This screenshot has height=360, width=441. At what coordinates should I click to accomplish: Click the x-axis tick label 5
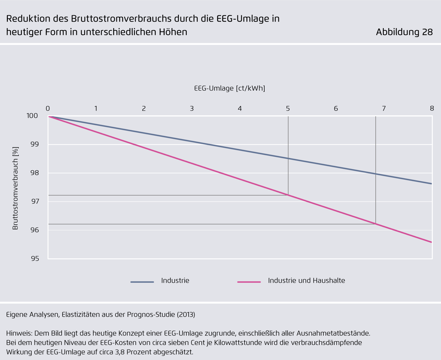288,109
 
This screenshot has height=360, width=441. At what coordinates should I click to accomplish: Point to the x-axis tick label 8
432,109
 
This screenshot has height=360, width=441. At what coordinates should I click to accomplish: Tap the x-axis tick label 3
192,109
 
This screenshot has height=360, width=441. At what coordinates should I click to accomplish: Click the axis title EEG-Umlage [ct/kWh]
230,88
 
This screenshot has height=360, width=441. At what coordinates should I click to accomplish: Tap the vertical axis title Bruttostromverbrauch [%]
15,188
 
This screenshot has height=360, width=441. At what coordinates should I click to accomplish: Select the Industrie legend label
175,281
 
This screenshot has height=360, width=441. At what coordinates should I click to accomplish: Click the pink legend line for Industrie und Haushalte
249,282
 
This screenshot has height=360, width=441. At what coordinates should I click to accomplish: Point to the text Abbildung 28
404,32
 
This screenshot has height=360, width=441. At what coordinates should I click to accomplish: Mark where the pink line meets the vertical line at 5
288,195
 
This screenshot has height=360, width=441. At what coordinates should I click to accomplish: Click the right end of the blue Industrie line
432,184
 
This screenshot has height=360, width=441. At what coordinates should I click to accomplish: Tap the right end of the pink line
432,242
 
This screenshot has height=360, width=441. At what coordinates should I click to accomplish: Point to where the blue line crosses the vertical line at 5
288,159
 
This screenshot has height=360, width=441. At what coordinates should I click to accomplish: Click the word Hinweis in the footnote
18,333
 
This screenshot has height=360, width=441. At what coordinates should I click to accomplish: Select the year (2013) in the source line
186,315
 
